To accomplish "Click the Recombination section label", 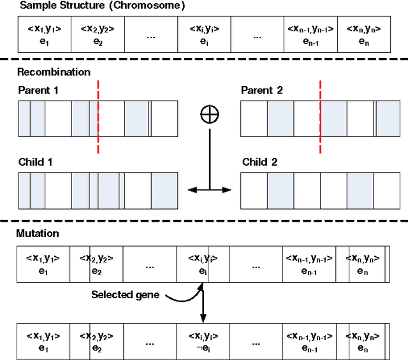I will point(54,72).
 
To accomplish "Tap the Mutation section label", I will point(38,234).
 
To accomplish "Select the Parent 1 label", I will point(38,90).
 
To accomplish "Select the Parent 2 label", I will point(261,90).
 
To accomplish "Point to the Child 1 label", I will point(36,162).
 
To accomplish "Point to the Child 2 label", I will point(259,162).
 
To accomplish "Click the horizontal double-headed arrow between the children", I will point(208,189).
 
